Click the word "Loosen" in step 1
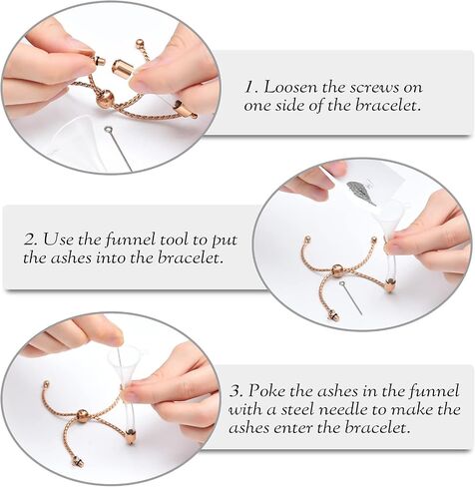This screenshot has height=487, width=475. (x=290, y=88)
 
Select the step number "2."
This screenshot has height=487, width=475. (x=30, y=240)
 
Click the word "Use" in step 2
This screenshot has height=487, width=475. (x=57, y=240)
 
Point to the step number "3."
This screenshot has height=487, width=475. (x=237, y=391)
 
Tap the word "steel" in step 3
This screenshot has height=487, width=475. (x=301, y=409)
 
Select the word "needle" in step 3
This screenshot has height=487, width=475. (x=345, y=409)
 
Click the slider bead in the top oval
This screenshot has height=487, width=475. (x=106, y=99)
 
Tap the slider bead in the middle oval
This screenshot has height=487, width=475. (x=337, y=271)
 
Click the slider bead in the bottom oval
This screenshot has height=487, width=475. (x=83, y=416)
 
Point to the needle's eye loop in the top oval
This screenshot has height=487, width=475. (x=108, y=130)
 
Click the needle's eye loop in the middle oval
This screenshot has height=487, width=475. (x=342, y=284)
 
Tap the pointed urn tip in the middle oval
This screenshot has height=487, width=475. (x=389, y=286)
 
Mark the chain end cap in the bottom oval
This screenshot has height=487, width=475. (x=79, y=461)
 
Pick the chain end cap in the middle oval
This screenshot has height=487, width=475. (x=333, y=315)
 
